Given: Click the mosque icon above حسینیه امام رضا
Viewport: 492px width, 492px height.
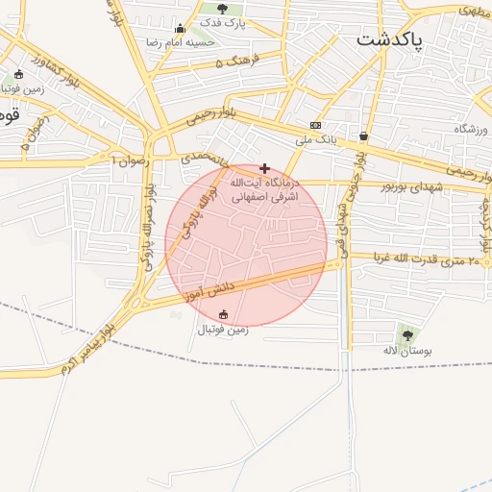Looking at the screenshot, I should coord(180,28).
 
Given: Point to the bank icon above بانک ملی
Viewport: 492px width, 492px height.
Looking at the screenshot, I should coord(315,126).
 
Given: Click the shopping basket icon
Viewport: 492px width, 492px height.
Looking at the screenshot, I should coord(363,135).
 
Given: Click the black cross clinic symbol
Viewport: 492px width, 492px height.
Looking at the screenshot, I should coord(264,168).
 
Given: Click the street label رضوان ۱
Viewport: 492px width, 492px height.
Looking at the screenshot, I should coord(132,160).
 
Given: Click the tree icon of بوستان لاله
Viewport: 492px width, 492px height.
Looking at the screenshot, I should coord(407,334).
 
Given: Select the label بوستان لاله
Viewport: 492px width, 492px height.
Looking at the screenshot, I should coord(404,351).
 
